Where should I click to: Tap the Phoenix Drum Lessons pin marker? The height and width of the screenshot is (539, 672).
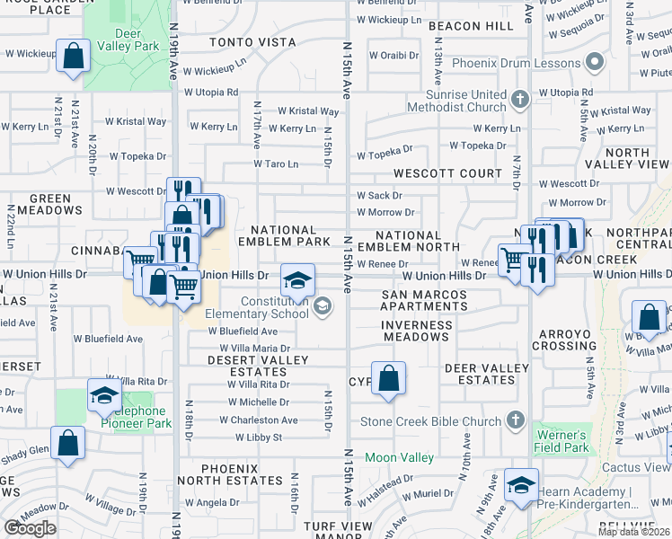(592, 64)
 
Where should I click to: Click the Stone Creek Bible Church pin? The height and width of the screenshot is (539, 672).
(516, 420)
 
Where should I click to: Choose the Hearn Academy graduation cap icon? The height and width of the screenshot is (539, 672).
(521, 486)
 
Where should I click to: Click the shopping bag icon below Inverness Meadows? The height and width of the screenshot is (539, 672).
(388, 378)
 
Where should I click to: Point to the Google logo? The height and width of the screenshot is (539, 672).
(30, 528)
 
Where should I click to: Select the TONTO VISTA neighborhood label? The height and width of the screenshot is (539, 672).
(252, 42)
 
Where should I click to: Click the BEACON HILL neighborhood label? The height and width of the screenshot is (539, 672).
(470, 27)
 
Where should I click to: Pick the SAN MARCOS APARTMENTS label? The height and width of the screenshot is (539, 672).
(424, 300)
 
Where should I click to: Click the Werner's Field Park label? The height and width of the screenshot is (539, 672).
(563, 441)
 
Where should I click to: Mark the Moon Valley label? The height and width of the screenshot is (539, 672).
(399, 458)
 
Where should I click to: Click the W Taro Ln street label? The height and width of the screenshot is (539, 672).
(275, 164)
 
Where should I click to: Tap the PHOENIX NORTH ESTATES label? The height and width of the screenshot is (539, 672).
(242, 474)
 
